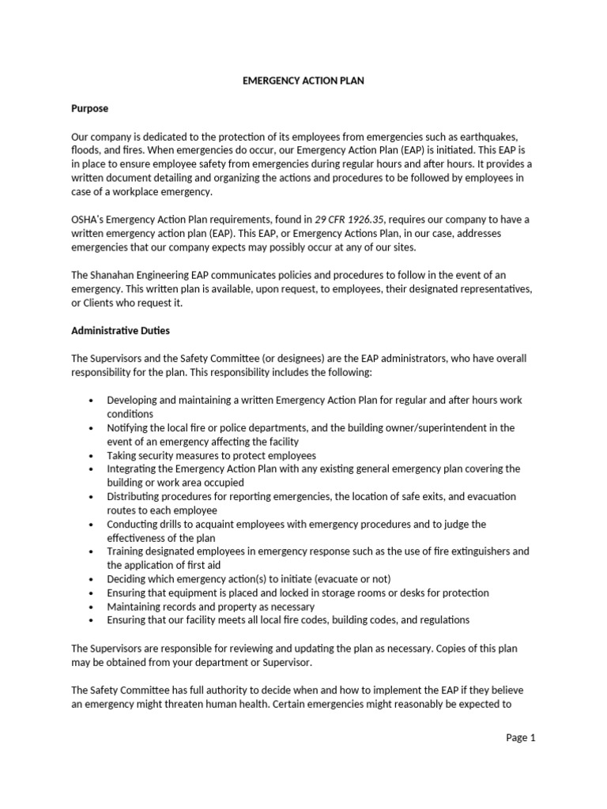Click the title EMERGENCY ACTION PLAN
click(x=303, y=81)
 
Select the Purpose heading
click(x=89, y=108)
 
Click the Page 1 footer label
click(x=521, y=738)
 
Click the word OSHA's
click(x=90, y=219)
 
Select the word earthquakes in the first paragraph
click(x=483, y=137)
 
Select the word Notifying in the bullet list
click(x=130, y=427)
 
